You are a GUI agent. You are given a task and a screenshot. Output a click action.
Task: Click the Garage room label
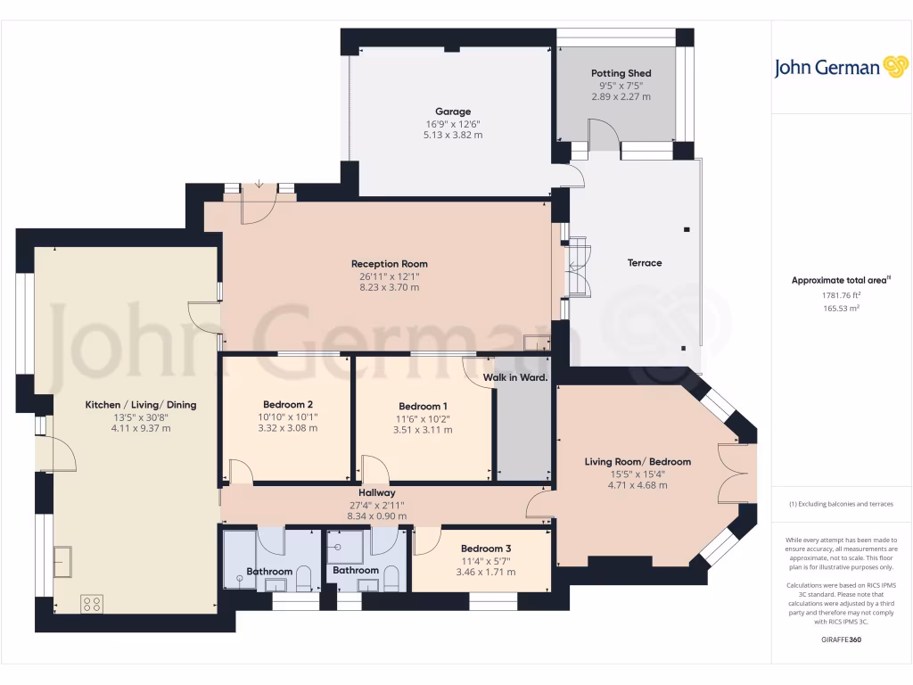click(x=453, y=111)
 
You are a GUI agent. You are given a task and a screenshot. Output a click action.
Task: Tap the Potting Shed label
click(x=621, y=73)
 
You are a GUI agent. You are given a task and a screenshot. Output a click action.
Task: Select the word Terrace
click(x=645, y=263)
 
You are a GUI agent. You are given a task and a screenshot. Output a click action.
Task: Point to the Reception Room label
click(x=389, y=264)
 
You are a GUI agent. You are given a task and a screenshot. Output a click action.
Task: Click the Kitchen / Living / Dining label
click(x=141, y=405)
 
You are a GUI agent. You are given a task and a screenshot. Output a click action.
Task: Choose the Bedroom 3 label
click(x=486, y=549)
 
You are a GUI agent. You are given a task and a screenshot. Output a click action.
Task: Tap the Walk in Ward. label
click(x=515, y=378)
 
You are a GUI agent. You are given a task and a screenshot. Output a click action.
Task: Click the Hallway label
click(x=376, y=492)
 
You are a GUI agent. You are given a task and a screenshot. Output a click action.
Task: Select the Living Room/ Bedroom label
click(x=637, y=462)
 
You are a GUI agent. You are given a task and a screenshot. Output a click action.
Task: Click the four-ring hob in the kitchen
click(x=92, y=604)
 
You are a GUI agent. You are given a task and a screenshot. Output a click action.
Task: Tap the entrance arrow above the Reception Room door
click(x=259, y=185)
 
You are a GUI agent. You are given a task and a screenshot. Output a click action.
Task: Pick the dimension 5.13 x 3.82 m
click(x=453, y=135)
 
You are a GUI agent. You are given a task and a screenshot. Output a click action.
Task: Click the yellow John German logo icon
click(x=894, y=67)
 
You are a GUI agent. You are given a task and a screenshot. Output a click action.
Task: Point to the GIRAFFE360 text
click(x=841, y=640)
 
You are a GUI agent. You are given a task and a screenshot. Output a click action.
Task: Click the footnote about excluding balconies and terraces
click(x=841, y=504)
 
